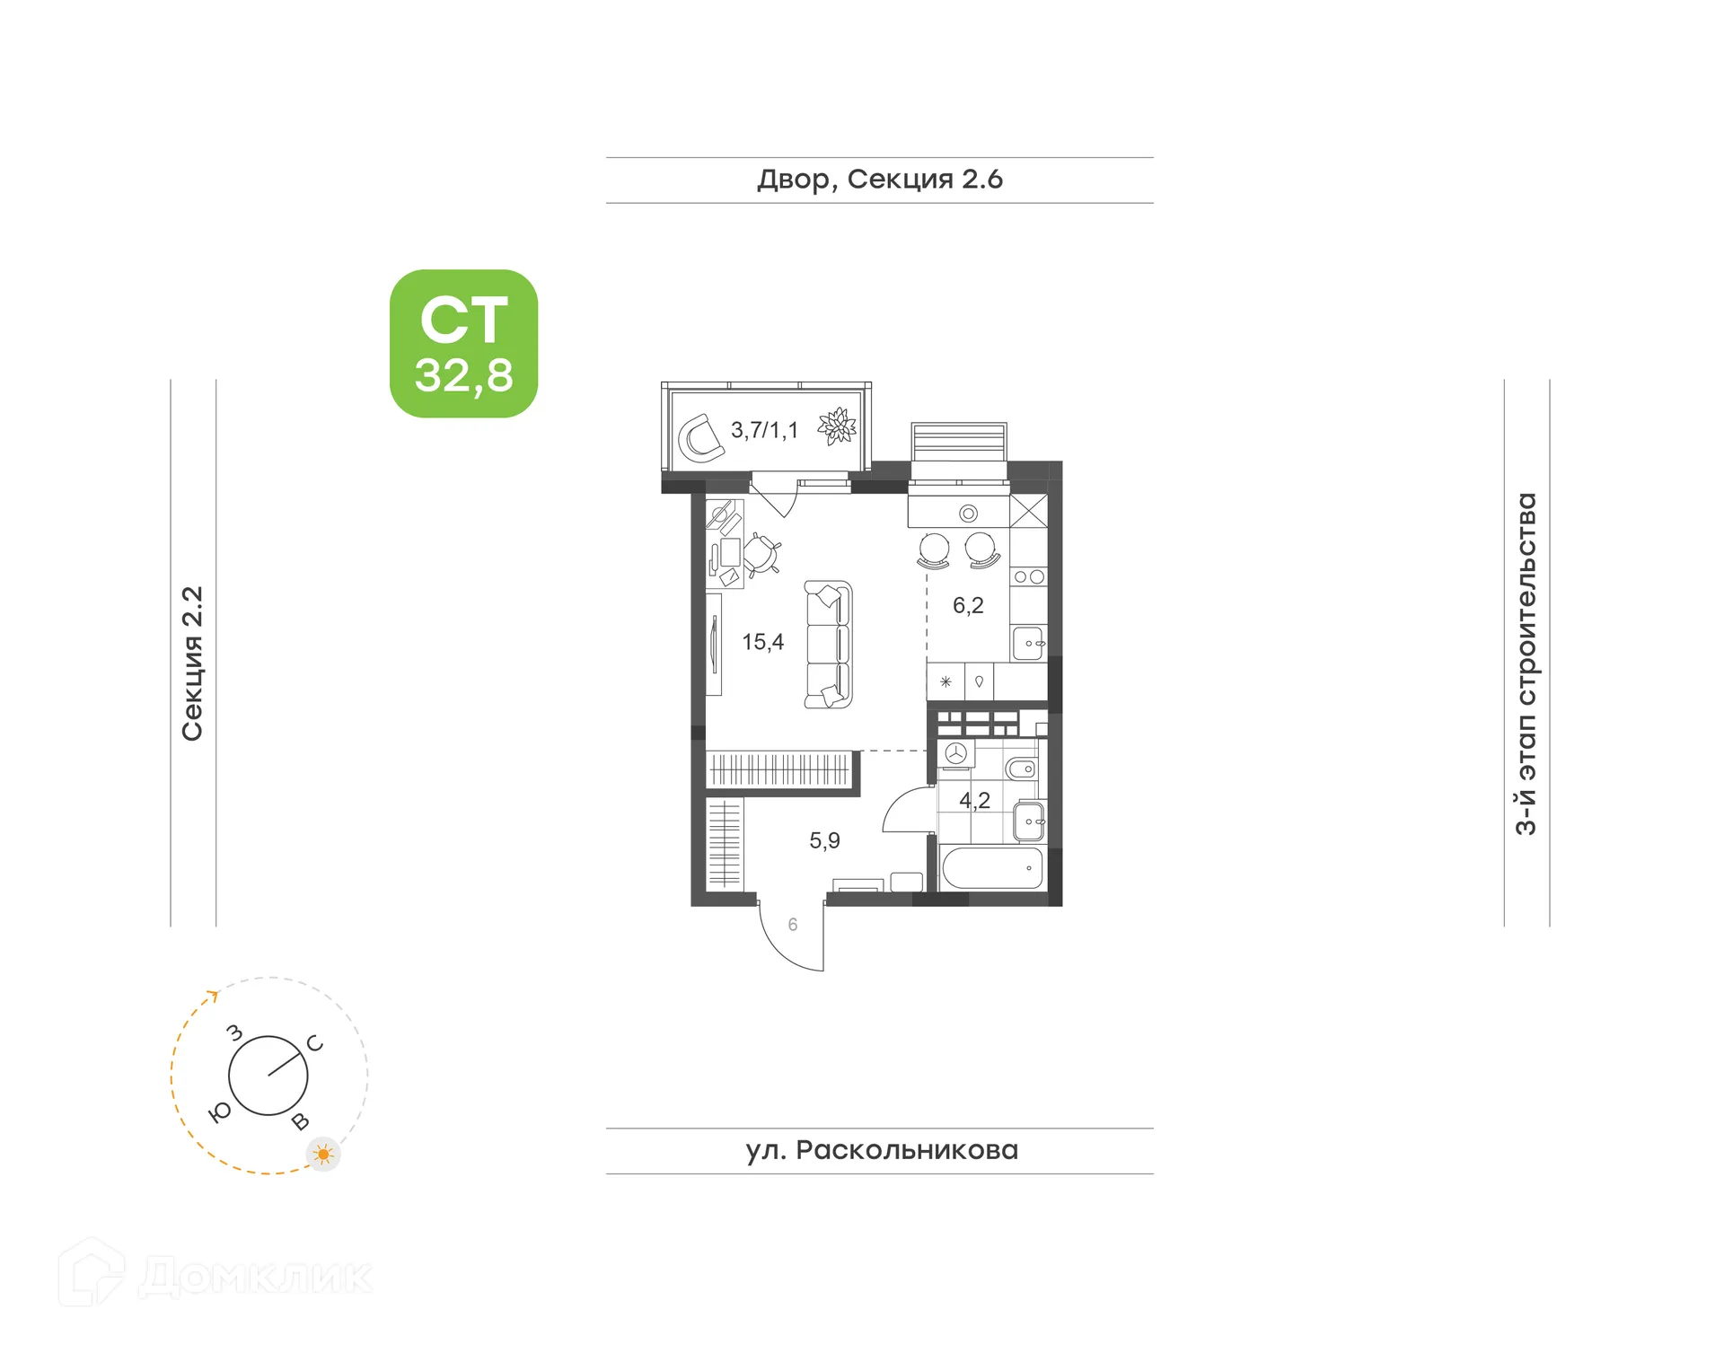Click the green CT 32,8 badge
point(463,343)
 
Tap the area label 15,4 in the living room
point(762,642)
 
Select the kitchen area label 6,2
point(968,606)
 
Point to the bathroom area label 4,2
point(974,800)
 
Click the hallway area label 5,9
point(824,840)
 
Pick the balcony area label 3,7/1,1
point(764,430)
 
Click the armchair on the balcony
point(699,437)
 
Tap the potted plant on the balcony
point(838,426)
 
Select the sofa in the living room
point(828,645)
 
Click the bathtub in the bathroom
point(992,868)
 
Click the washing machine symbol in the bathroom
point(955,754)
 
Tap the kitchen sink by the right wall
point(1029,643)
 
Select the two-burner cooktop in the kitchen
point(1029,577)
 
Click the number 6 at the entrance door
point(793,924)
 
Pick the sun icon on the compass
point(323,1154)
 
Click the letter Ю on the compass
point(219,1112)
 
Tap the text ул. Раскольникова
point(881,1150)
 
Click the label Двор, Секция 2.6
point(879,180)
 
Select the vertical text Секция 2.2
point(192,663)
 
